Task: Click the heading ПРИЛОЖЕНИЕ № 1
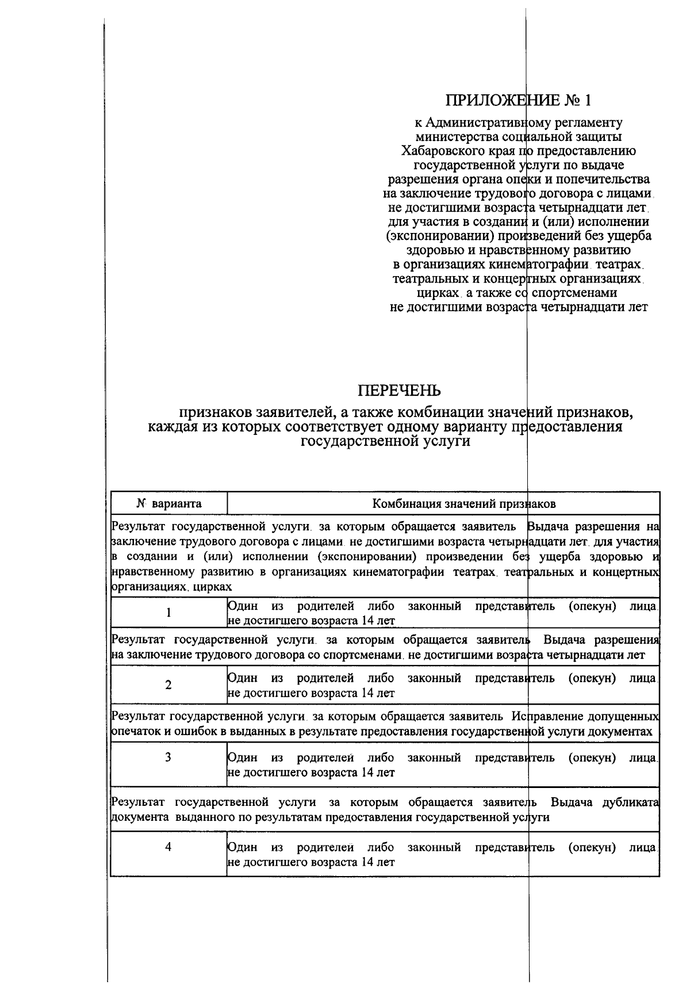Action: click(518, 101)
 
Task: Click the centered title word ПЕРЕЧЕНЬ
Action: click(400, 391)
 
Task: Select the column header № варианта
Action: click(168, 504)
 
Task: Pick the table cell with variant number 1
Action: click(168, 613)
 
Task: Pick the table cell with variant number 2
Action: click(168, 685)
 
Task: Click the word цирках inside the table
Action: click(213, 587)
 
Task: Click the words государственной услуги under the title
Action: click(386, 442)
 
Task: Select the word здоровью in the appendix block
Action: click(432, 251)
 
